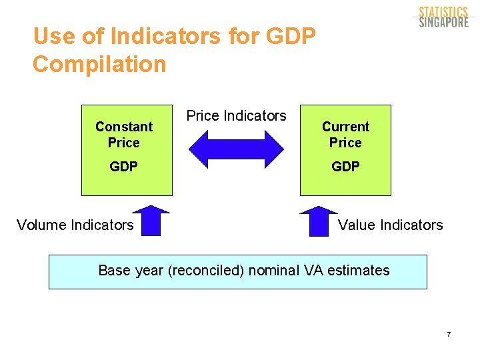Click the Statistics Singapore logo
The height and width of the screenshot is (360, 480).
(x=443, y=17)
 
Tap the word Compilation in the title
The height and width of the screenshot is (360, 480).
(x=99, y=65)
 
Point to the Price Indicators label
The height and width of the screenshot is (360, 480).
(x=236, y=116)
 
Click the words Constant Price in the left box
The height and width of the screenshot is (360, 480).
(x=124, y=135)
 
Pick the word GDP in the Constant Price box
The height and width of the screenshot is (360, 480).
(x=124, y=167)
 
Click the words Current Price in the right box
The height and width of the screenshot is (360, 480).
(x=345, y=135)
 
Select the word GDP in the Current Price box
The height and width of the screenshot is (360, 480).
(x=345, y=167)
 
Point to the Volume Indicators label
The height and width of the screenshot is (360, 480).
(x=75, y=225)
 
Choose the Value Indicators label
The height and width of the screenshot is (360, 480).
(x=390, y=225)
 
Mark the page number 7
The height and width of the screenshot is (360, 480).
(x=449, y=334)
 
